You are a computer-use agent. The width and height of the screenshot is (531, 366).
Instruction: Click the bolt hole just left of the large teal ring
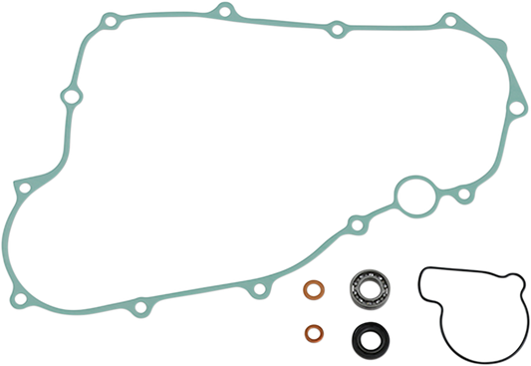pos(352,218)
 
